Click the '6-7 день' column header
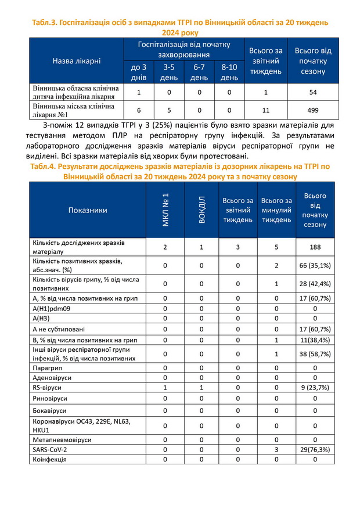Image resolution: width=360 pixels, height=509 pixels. pos(199,73)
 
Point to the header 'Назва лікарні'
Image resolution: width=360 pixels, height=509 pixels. pos(77,61)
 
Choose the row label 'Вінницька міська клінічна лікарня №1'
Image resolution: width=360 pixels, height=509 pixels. pos(69,110)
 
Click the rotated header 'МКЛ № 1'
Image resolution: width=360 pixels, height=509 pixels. pos(165,210)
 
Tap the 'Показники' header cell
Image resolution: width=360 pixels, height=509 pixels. pos(88,210)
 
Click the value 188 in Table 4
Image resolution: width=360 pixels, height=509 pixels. pos(315,247)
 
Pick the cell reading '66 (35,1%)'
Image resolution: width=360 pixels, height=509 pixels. pos(315,265)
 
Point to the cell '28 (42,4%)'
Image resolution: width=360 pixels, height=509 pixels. pos(315,283)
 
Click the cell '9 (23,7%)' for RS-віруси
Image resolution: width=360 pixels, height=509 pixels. pos(315,387)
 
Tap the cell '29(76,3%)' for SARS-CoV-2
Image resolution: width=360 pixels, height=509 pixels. pos(315,449)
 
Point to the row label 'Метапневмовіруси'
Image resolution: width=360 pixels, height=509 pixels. pos(62,439)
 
